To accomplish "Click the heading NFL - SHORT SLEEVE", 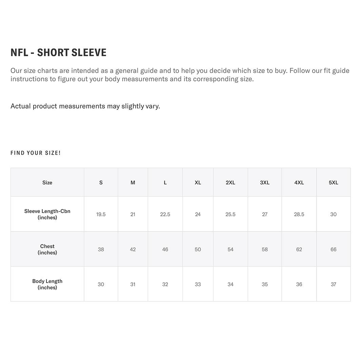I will [x=58, y=53].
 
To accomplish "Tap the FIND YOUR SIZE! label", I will [x=36, y=153].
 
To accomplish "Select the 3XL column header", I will [x=265, y=182].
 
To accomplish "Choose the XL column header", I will [x=198, y=182].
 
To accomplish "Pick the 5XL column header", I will [x=333, y=182].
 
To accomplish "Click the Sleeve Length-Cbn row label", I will [x=47, y=214].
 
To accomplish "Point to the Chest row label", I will [x=47, y=249].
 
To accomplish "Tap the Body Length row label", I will [x=47, y=284].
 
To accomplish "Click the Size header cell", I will [x=47, y=182].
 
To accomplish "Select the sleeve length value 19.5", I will [x=101, y=214].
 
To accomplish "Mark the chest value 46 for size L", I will [x=165, y=249].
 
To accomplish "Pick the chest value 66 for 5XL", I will [x=333, y=249].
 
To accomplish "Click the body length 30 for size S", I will [x=101, y=284].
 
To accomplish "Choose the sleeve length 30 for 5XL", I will [x=333, y=214].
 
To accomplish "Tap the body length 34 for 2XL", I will [x=231, y=284].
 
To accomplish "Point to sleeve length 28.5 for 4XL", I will [x=299, y=214].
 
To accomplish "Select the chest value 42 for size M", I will [x=133, y=249].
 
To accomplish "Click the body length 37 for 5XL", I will [x=333, y=284].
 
